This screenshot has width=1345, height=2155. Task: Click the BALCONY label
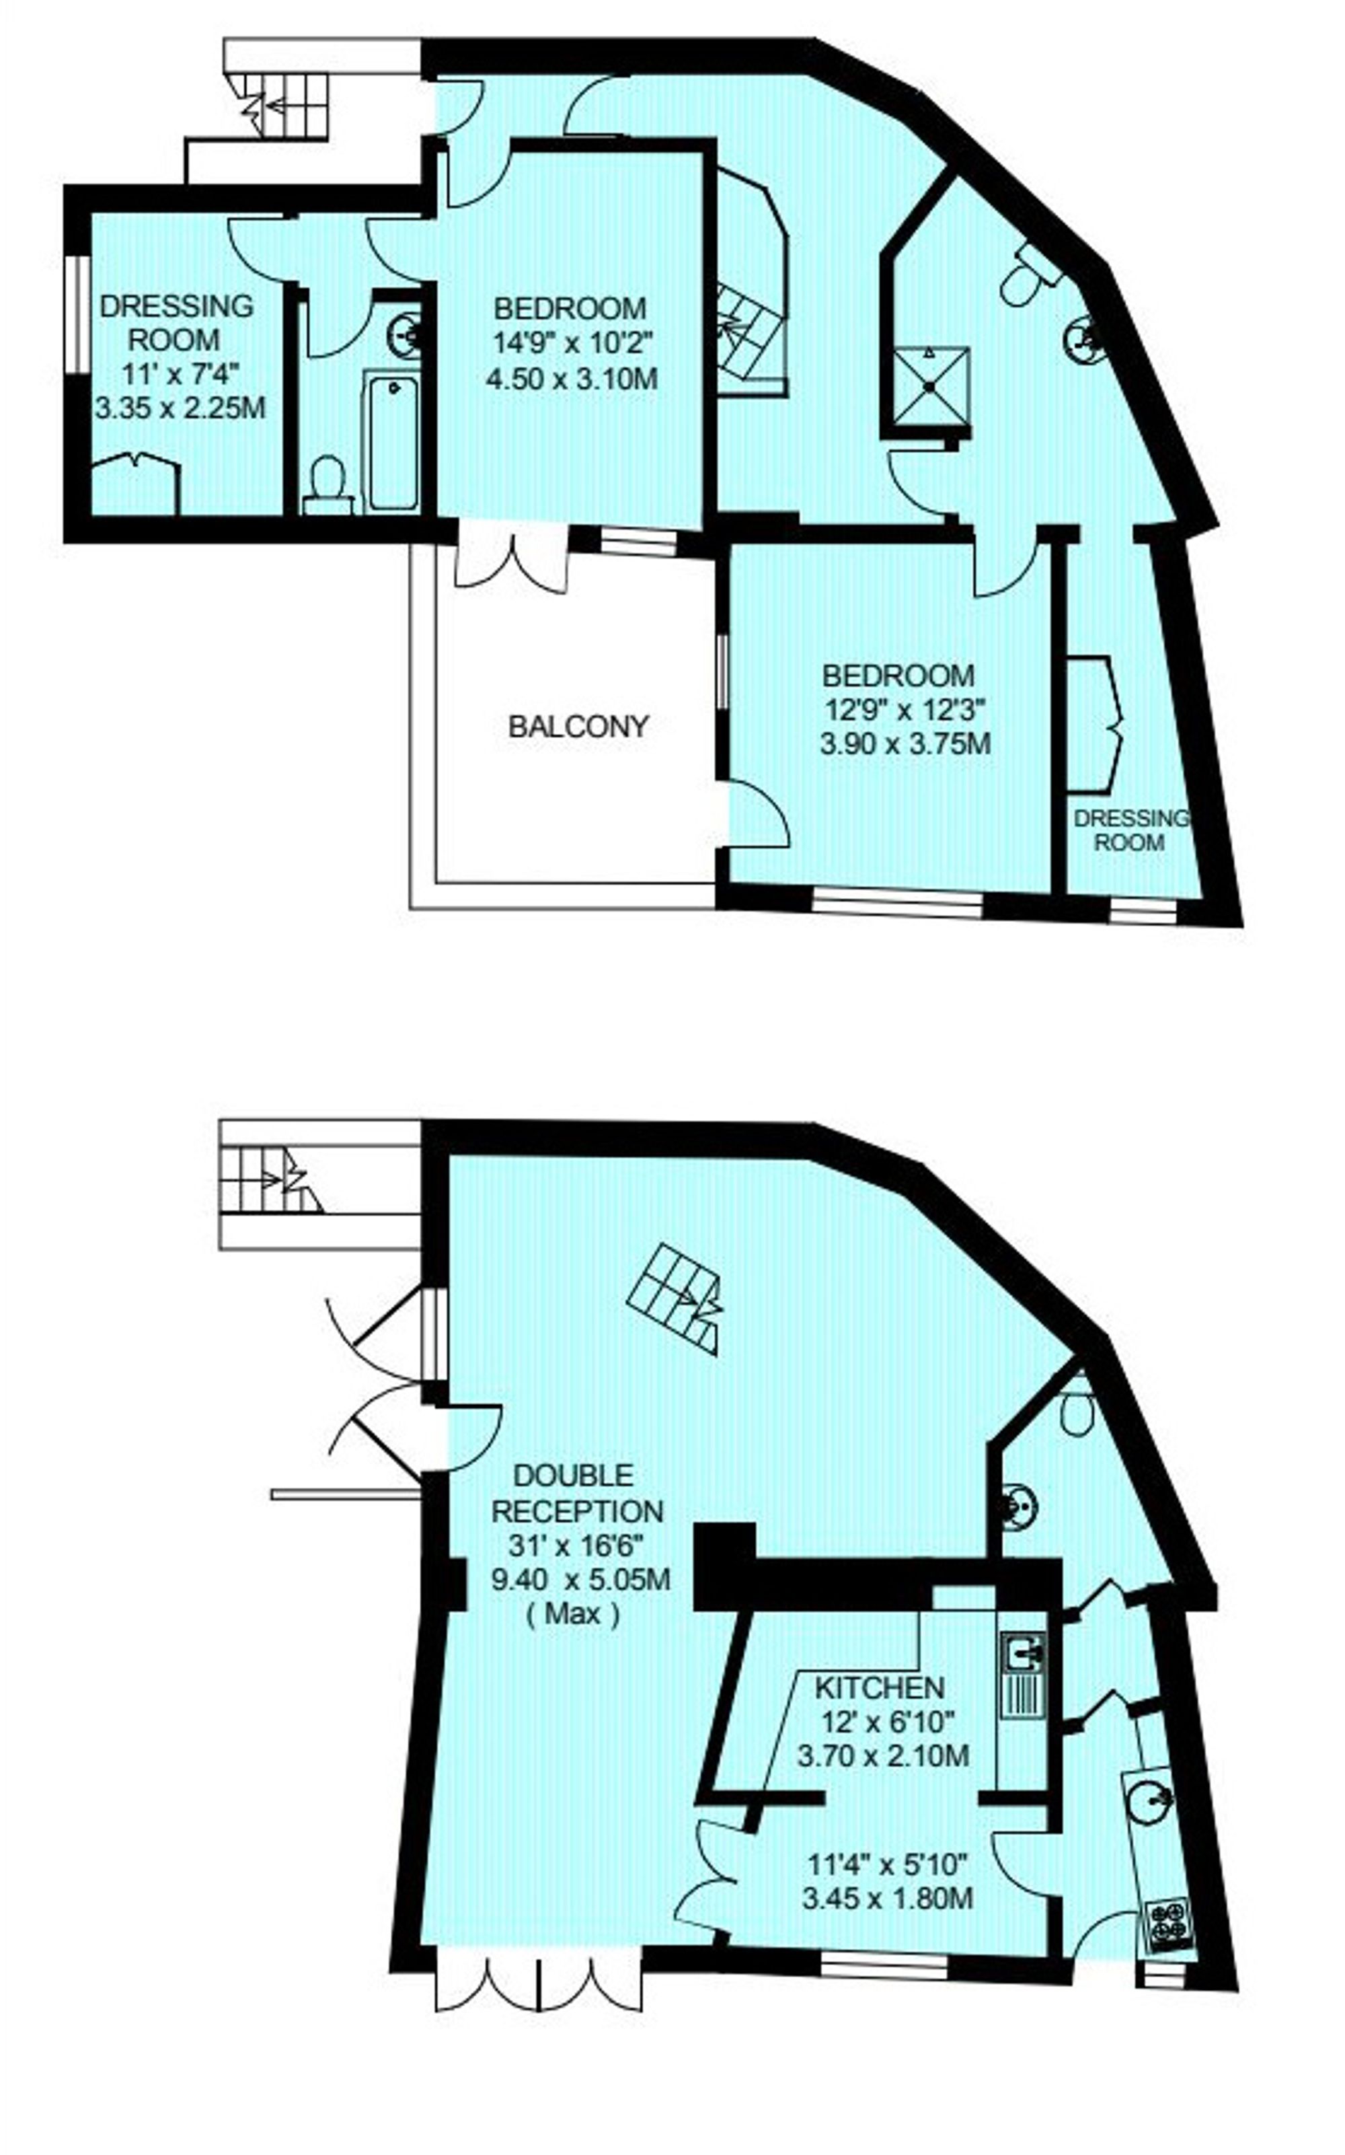[x=578, y=727]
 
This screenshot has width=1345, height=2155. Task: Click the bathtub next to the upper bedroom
[x=391, y=442]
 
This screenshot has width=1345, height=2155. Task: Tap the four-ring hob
[x=1169, y=1926]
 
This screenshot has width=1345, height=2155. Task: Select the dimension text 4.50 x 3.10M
[x=572, y=380]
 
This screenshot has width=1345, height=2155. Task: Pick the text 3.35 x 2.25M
[x=181, y=408]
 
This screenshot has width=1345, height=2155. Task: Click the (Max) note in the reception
[x=572, y=1614]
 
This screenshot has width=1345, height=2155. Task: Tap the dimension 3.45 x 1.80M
[x=888, y=1899]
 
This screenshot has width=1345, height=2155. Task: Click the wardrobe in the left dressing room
[x=136, y=483]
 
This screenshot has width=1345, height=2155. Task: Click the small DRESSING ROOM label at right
[x=1130, y=831]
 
